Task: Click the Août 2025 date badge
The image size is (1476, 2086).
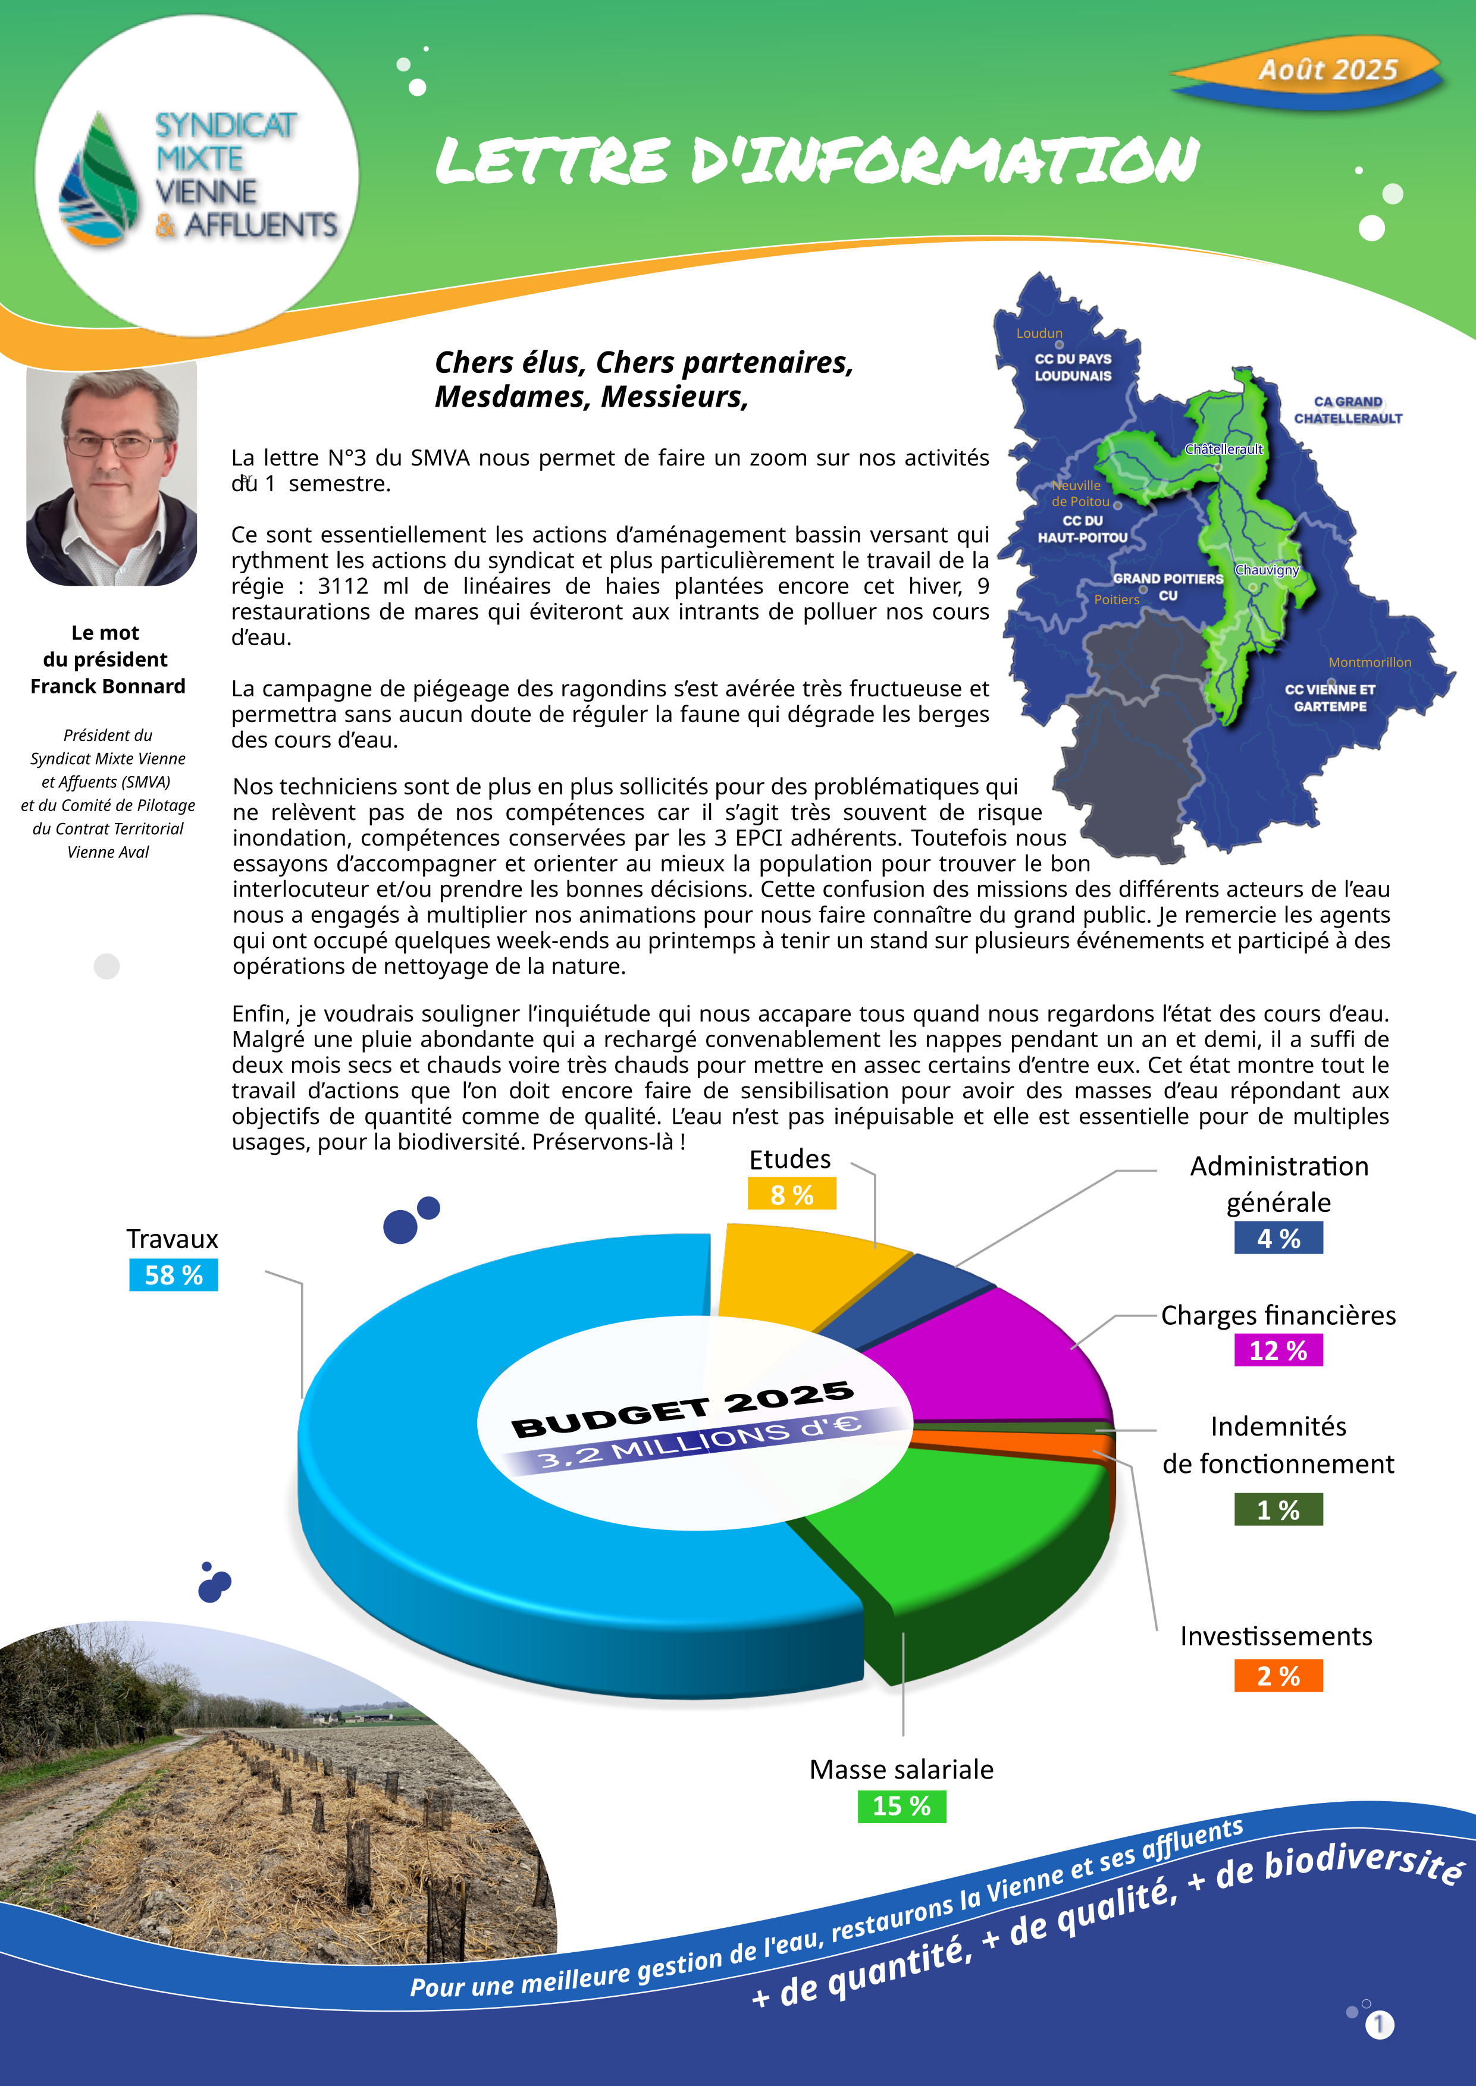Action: (1326, 70)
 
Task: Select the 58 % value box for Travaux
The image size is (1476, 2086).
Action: (174, 1275)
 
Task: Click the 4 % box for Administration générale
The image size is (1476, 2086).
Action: (1278, 1238)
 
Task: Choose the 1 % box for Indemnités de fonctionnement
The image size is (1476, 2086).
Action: (1278, 1510)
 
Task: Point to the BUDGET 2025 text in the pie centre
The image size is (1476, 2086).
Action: (682, 1410)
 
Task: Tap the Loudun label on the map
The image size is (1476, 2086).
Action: (1039, 334)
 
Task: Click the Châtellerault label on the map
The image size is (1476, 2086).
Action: (1223, 449)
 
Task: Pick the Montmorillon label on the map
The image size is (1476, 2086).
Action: (1370, 662)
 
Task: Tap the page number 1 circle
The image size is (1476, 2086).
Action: (1379, 2024)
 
